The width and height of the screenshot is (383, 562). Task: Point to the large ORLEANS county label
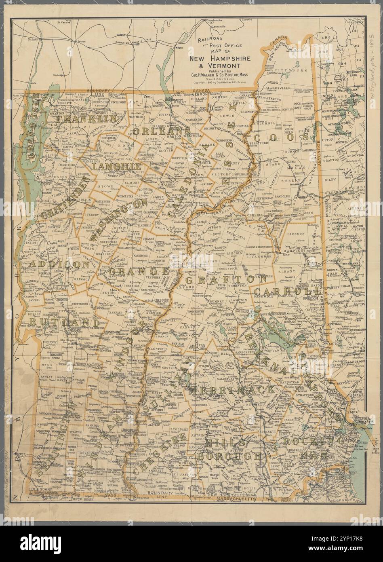click(161, 132)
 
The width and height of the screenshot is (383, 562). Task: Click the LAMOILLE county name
click(116, 166)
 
